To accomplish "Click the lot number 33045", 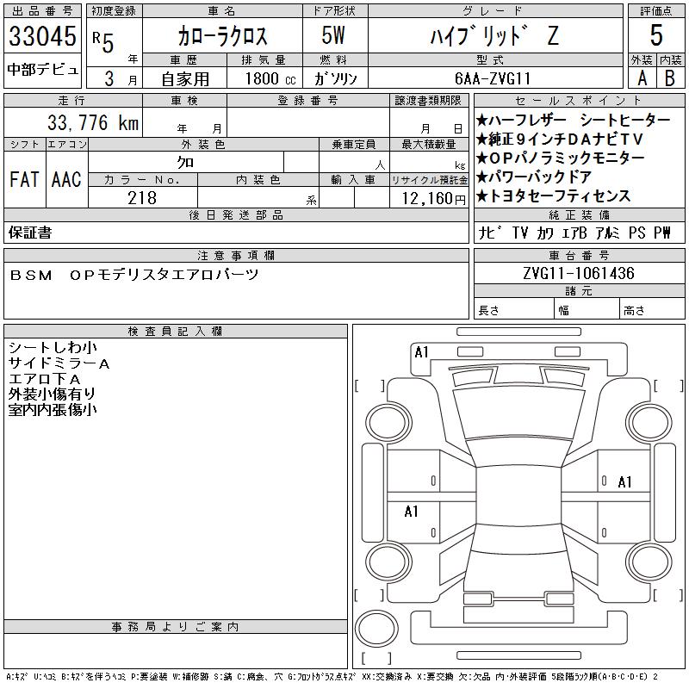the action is click(42, 36).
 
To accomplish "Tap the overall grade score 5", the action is click(656, 35).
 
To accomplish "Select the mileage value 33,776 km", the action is click(93, 122).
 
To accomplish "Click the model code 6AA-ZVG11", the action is click(493, 78).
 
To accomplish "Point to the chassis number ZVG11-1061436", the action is click(579, 273).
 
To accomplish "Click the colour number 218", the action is click(142, 198).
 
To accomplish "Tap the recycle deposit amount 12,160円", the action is click(434, 199).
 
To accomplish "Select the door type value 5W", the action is click(333, 35).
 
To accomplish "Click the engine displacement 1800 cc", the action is click(270, 79).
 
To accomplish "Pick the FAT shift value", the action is click(25, 180).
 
